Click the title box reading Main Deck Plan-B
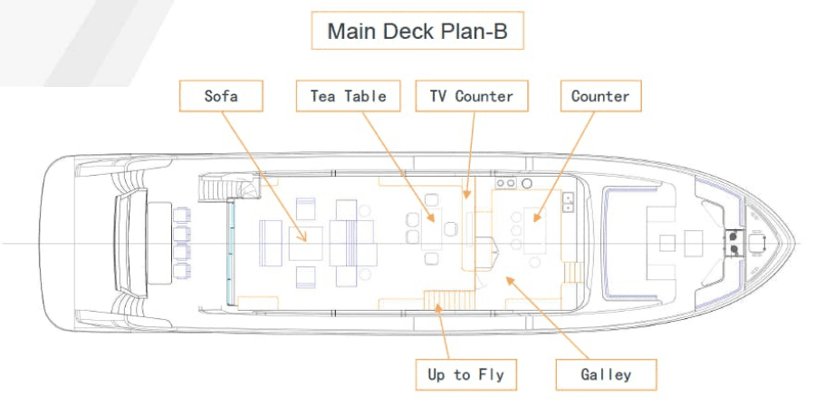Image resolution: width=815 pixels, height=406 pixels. [417, 33]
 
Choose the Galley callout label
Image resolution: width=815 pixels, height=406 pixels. [606, 372]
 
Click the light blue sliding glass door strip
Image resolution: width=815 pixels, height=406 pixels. [230, 252]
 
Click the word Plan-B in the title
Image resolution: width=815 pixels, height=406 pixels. [483, 33]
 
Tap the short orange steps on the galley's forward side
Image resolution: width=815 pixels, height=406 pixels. [570, 273]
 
